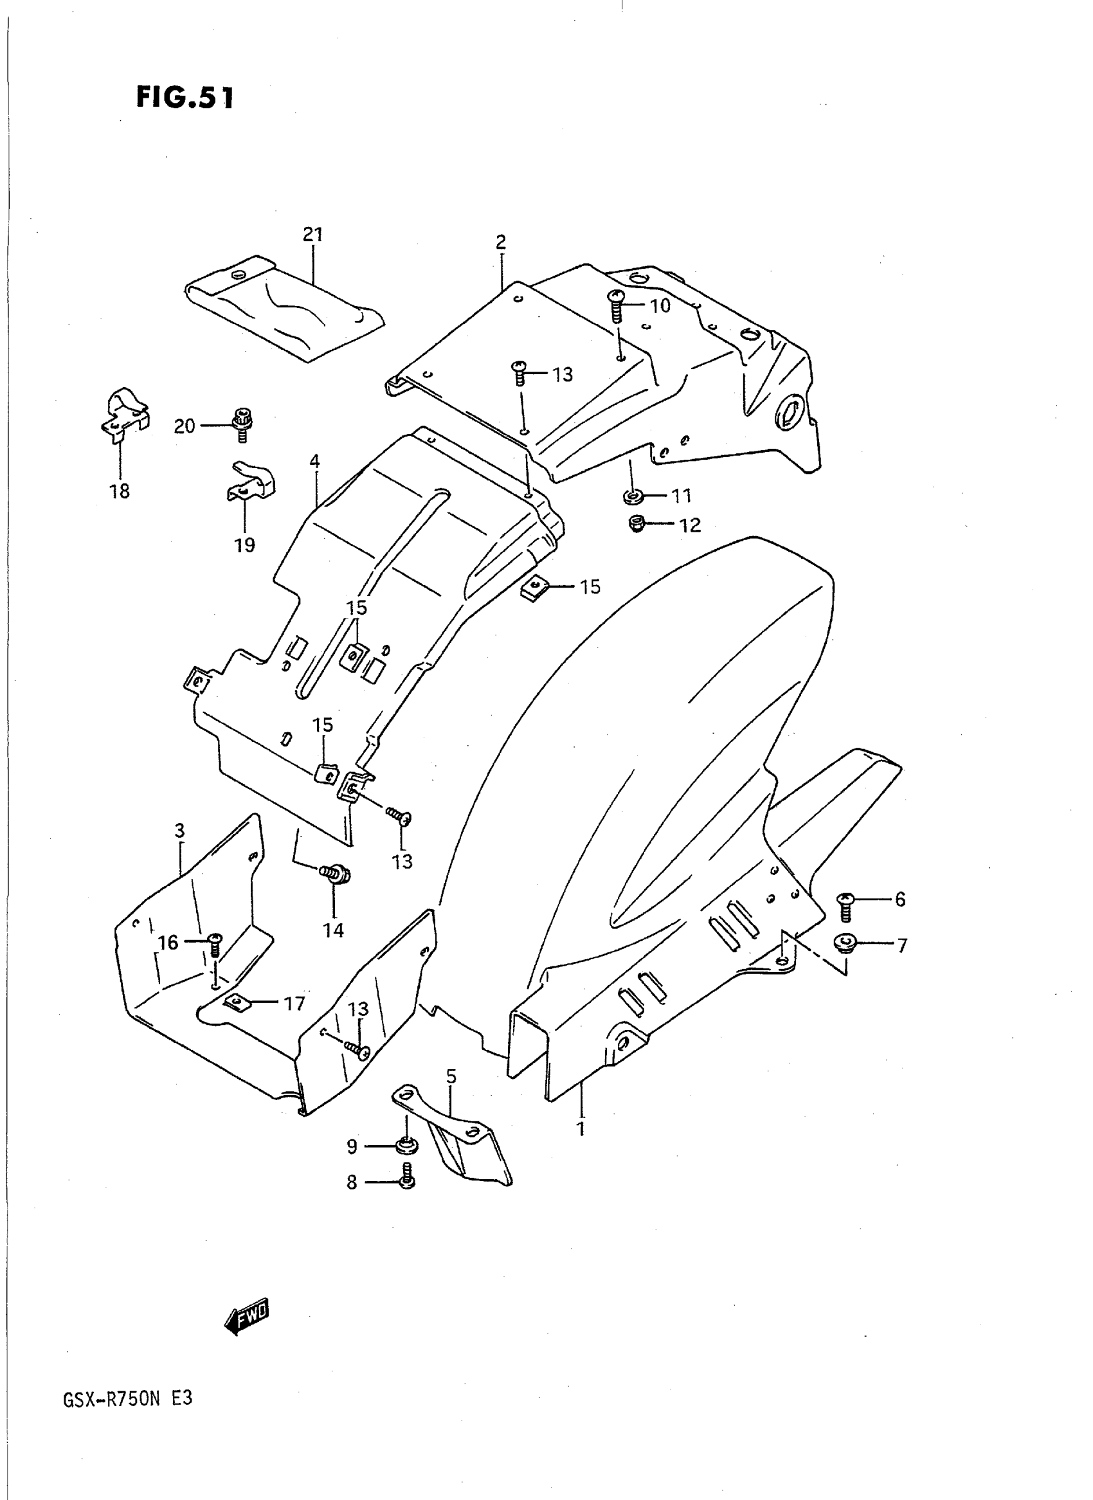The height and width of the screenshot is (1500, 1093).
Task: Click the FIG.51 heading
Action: pos(185,98)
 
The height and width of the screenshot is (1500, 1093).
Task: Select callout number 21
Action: pos(312,234)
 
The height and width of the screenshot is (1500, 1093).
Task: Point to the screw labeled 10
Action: pos(616,305)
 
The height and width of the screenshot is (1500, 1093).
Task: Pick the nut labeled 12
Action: pos(637,524)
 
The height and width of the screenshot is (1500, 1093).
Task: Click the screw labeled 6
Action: pos(845,906)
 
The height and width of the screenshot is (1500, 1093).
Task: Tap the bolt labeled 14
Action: pos(336,874)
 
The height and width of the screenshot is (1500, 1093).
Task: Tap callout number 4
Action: pos(314,461)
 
